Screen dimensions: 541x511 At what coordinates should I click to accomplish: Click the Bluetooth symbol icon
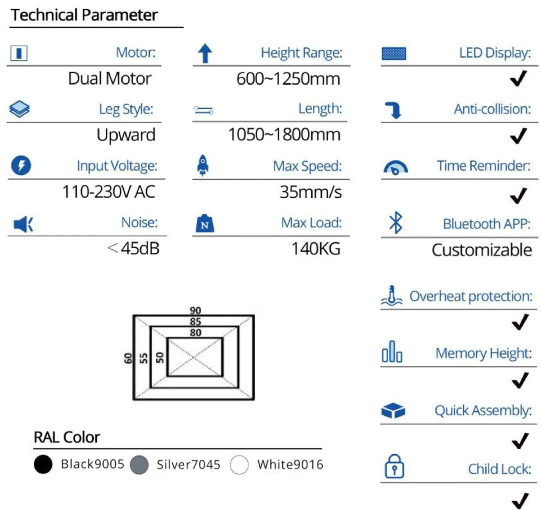tap(396, 222)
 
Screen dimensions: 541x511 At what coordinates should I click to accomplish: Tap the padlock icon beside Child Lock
tap(394, 466)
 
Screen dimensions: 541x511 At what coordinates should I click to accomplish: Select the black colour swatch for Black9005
tap(43, 464)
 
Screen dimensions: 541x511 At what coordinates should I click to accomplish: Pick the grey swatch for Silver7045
tap(139, 465)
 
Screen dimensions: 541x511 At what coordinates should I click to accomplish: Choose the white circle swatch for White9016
tap(239, 465)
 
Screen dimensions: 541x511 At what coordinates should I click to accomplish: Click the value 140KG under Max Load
tap(316, 249)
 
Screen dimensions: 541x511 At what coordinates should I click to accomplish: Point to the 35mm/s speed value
tap(311, 192)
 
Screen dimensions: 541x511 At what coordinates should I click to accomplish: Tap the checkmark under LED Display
tap(518, 78)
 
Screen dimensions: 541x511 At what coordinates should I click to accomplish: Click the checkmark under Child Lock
tap(520, 501)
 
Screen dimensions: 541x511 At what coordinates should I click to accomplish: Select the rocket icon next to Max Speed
tap(203, 165)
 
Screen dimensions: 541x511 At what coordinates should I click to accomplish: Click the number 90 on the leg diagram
tap(195, 310)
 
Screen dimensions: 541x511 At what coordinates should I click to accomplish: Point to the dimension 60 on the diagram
tap(128, 358)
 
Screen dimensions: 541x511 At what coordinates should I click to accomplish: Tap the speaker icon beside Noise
tap(23, 225)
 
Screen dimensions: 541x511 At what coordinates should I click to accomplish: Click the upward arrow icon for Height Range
tap(205, 53)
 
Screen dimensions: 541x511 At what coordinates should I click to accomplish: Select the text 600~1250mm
tap(288, 79)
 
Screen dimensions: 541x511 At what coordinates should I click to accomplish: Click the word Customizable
tap(482, 250)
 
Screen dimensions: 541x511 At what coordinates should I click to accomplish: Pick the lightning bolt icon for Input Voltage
tap(21, 165)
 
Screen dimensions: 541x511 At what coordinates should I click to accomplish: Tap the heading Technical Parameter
tap(84, 15)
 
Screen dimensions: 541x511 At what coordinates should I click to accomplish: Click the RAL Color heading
tap(67, 437)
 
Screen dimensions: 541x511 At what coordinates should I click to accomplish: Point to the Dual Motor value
tap(110, 79)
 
